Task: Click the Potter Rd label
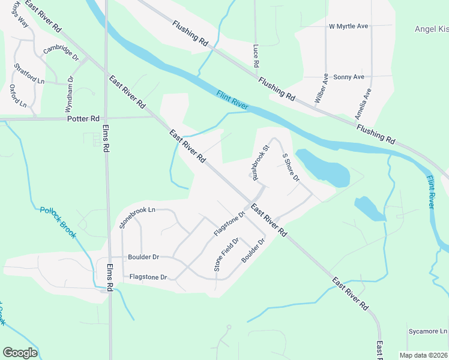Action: pos(83,119)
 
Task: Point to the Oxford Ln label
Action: pos(19,96)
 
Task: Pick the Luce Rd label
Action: pos(256,56)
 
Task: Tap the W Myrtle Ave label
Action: pos(348,26)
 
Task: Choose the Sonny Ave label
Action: pos(349,77)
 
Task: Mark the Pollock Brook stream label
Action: pos(58,222)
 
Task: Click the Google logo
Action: pos(20,353)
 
